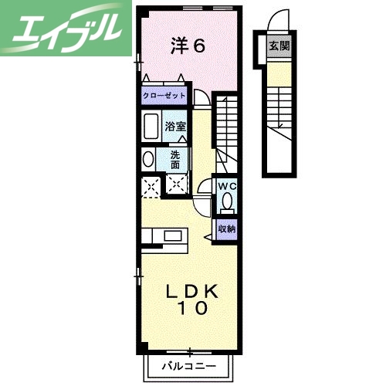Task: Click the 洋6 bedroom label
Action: coord(188,46)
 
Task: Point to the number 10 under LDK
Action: coord(194,308)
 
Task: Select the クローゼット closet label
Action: coord(164,96)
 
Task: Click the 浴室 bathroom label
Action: coord(175,127)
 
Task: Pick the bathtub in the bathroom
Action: coord(151,126)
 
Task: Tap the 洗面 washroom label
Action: coord(175,158)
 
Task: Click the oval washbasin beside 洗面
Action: coord(147,160)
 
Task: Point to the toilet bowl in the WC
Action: coord(226,201)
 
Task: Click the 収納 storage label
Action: coord(225,228)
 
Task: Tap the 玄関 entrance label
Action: coord(279,46)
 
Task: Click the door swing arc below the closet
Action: coord(200,98)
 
